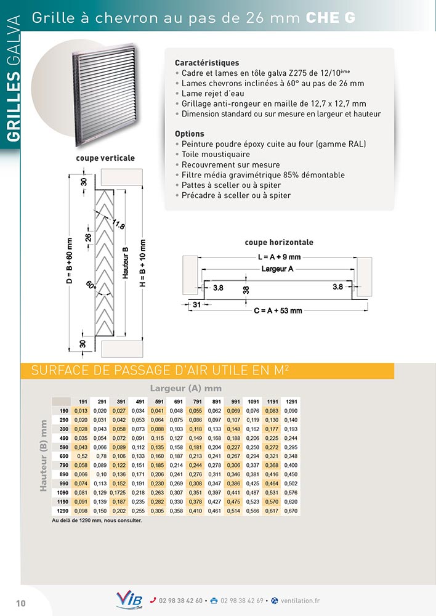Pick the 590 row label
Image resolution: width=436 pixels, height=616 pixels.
[x=63, y=446]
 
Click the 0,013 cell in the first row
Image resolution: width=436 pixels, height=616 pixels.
[x=81, y=411]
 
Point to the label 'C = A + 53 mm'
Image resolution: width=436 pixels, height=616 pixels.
[x=278, y=310]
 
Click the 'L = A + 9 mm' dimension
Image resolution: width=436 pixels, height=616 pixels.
[x=279, y=257]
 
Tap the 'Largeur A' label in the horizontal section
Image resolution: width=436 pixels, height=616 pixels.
[x=277, y=269]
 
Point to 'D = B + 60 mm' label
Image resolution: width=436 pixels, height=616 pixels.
[x=69, y=261]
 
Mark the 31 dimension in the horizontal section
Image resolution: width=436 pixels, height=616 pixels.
[x=196, y=305]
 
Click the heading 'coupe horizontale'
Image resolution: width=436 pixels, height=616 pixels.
[x=279, y=242]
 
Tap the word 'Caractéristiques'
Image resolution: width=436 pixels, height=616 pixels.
[x=207, y=63]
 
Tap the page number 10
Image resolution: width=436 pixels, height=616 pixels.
[x=20, y=603]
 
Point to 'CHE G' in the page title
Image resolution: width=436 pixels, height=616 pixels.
[x=331, y=18]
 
